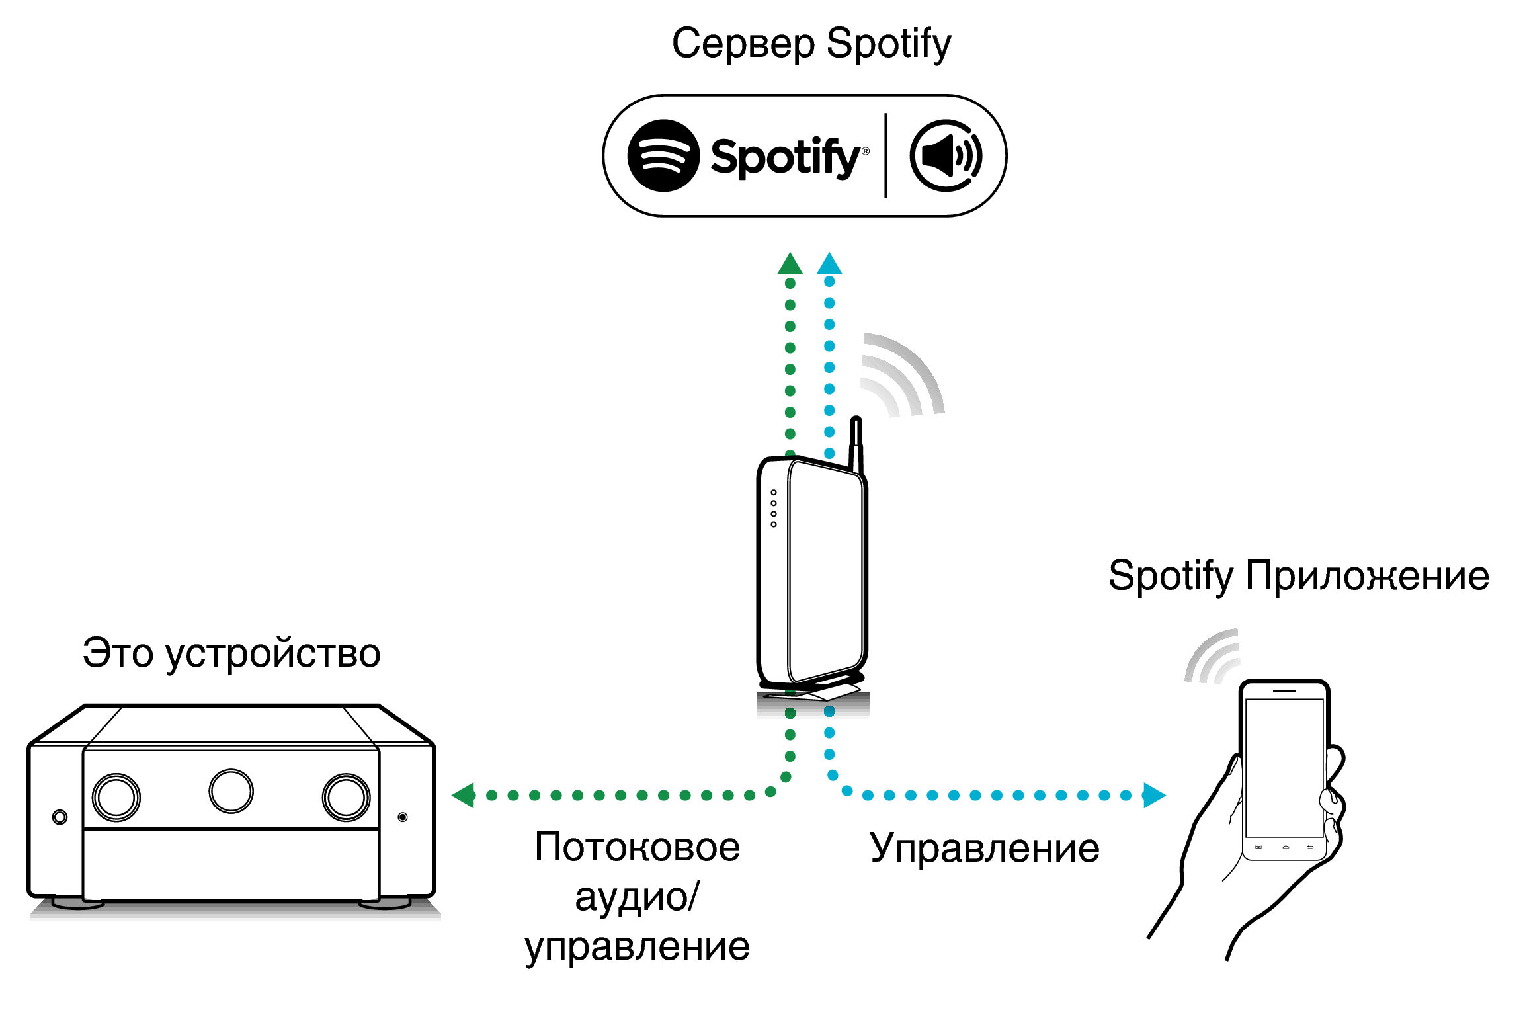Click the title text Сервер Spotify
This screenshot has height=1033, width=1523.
811,44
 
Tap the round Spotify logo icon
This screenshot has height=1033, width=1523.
663,156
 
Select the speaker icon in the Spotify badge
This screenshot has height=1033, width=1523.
946,156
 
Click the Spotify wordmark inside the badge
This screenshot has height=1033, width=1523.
787,157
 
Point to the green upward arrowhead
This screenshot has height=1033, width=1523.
790,265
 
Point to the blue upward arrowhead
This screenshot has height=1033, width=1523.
829,265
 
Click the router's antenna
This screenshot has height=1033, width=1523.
856,443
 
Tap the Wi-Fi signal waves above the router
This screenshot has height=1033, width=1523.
903,377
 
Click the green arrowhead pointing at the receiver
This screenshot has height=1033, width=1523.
464,795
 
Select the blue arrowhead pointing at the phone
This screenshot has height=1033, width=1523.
1153,795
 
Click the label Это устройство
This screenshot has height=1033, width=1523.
231,653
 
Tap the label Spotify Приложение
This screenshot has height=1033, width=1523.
1298,575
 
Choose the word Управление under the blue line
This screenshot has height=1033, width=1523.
984,848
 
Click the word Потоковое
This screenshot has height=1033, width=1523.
637,847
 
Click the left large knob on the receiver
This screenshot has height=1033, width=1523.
116,797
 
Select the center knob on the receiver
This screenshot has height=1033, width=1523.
231,791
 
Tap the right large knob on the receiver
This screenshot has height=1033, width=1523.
346,797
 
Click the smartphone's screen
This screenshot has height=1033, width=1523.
1284,767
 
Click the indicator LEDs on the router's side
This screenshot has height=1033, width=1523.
774,509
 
